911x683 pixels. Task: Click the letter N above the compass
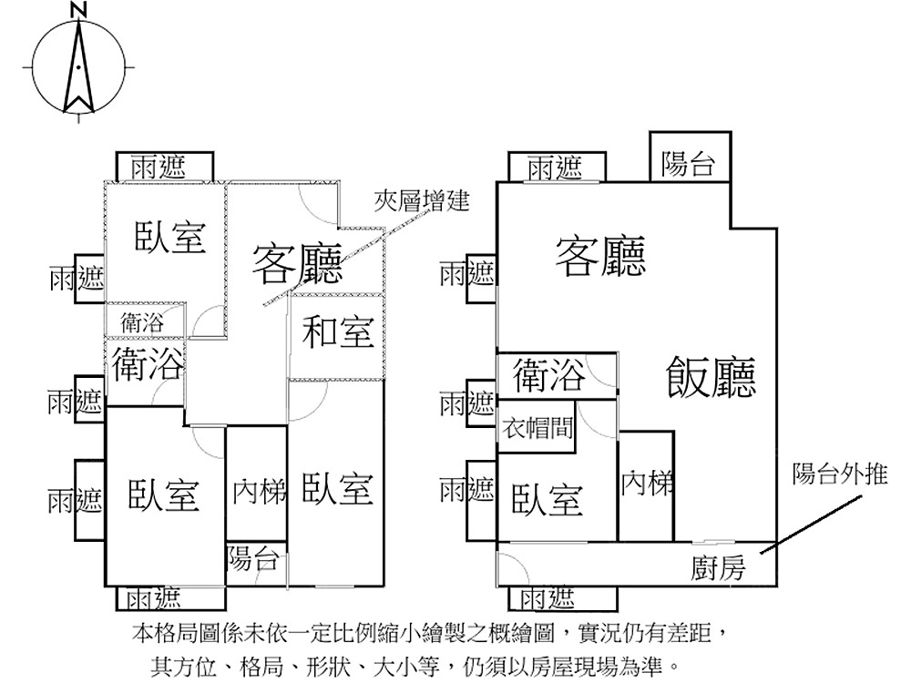tap(79, 11)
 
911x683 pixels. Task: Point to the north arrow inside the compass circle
tap(79, 69)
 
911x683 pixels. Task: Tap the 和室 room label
tap(338, 332)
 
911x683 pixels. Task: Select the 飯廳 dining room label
tap(711, 375)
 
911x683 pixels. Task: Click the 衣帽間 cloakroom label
tap(537, 428)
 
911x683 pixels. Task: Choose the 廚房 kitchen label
tap(718, 569)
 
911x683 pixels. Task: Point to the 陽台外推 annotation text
tap(839, 474)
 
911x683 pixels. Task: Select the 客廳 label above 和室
tap(297, 265)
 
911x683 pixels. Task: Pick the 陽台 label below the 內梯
tap(252, 559)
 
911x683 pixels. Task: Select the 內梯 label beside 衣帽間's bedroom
tap(646, 484)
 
